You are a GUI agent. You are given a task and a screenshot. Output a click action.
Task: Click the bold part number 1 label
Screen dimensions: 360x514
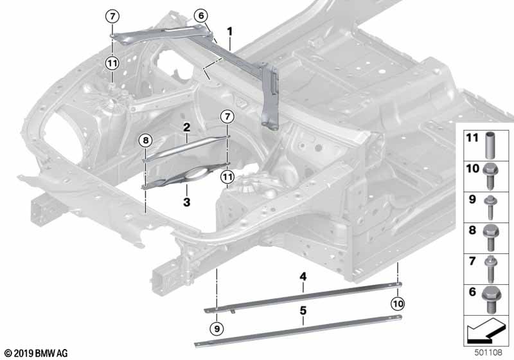click(x=229, y=31)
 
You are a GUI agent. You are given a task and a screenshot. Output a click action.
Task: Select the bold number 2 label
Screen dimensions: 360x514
click(x=186, y=128)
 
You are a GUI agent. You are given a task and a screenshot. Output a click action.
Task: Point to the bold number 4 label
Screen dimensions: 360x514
click(x=301, y=278)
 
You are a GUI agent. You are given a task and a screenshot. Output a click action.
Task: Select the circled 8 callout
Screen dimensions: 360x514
click(x=146, y=139)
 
